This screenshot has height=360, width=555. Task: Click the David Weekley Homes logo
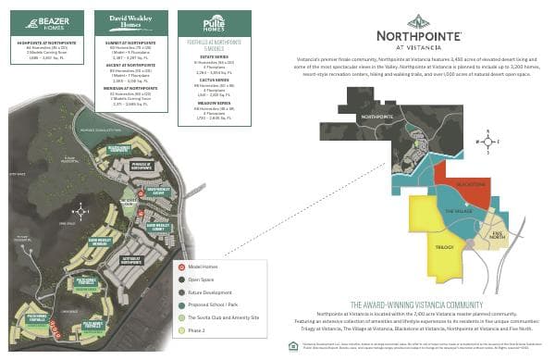pos(125,19)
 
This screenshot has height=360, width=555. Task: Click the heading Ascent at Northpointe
pos(125,66)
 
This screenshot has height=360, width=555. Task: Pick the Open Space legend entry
pos(202,279)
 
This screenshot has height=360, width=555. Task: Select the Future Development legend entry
pos(209,291)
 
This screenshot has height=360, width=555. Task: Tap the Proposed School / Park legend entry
pos(212,304)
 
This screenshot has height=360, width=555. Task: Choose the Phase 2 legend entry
pos(198,329)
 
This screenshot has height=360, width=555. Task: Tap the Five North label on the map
pos(497,235)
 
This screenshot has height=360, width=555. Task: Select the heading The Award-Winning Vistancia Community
pos(418,304)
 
